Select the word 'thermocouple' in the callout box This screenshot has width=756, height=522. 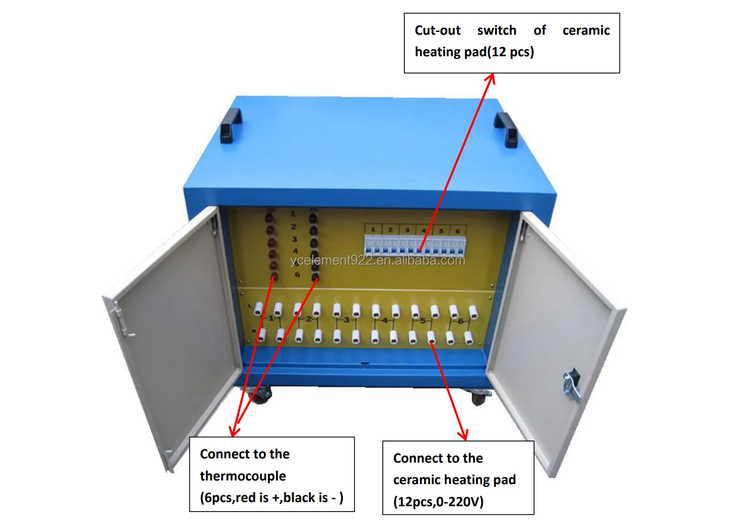click(x=243, y=476)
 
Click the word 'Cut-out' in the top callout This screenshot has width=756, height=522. click(x=437, y=30)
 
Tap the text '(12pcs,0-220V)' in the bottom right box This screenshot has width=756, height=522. click(x=438, y=501)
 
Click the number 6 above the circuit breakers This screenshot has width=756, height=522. click(x=457, y=231)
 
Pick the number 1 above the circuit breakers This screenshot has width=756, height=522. click(x=373, y=230)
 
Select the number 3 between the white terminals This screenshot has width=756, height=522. click(x=346, y=320)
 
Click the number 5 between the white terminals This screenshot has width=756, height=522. click(x=423, y=320)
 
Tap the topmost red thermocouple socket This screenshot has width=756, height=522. click(x=270, y=216)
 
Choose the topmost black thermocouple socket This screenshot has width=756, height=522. click(x=313, y=216)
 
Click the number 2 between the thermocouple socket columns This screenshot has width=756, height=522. click(x=294, y=227)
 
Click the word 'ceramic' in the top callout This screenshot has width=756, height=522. click(x=586, y=30)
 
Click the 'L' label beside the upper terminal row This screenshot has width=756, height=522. click(x=250, y=306)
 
